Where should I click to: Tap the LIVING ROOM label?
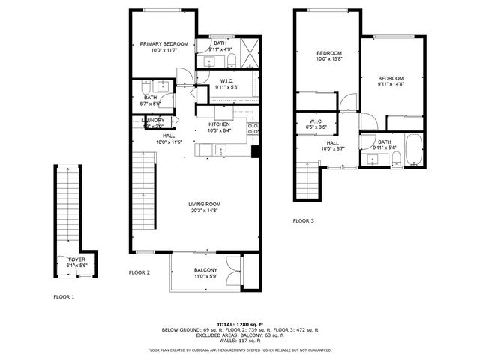[204, 204]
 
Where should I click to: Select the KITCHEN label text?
[219, 124]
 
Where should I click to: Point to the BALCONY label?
[205, 270]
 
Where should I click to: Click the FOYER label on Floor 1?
[77, 259]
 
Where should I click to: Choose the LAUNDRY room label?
[154, 120]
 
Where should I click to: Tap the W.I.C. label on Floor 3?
[316, 121]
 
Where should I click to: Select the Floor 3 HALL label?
[332, 142]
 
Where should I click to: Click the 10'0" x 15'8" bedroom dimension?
[328, 59]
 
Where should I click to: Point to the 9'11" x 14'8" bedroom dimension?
[390, 85]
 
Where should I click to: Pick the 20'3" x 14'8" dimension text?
[204, 211]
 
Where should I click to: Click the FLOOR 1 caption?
[64, 297]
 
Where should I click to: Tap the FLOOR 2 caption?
[139, 272]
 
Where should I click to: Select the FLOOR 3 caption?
[304, 221]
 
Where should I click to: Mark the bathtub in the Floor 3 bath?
[412, 150]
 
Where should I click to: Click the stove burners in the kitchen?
[255, 128]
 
